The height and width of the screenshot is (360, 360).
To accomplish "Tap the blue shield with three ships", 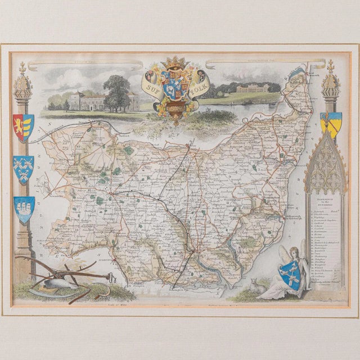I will pyautogui.click(x=24, y=208).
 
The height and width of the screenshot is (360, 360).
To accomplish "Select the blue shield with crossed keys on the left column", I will pyautogui.click(x=23, y=169).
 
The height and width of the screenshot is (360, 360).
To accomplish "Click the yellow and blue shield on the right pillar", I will pyautogui.click(x=330, y=123).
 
